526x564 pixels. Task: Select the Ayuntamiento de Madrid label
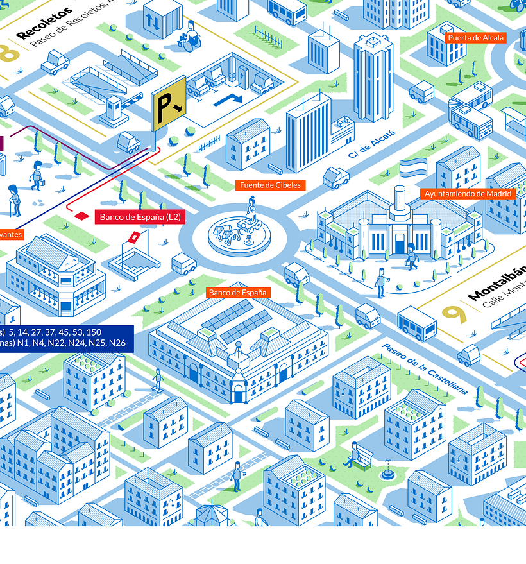pos(468,193)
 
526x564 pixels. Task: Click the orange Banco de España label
pos(237,293)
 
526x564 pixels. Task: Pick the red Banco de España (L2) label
pos(139,218)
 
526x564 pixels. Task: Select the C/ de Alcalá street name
pos(372,144)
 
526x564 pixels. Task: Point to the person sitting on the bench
pos(353,454)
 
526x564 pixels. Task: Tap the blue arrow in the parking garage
pos(228,99)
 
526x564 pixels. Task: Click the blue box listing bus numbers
pos(64,338)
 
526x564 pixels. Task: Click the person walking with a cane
pos(13,200)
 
